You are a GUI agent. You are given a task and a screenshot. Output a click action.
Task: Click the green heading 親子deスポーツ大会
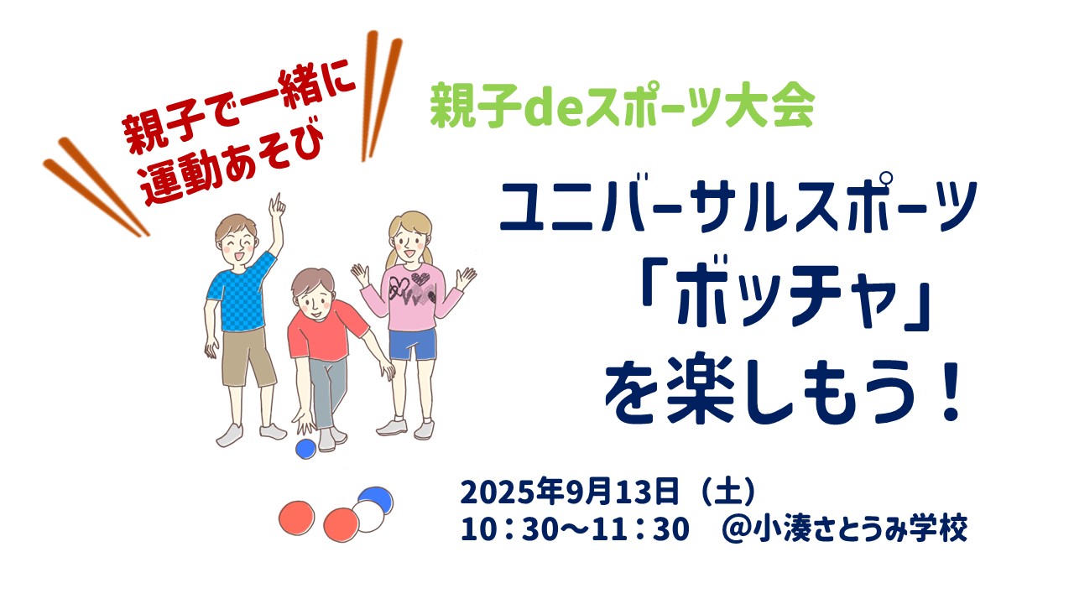click(623, 106)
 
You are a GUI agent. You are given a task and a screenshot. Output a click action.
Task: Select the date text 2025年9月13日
click(570, 492)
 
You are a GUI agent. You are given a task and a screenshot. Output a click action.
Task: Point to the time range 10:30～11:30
click(575, 528)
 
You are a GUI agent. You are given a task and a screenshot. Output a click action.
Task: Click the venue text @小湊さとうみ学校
click(844, 528)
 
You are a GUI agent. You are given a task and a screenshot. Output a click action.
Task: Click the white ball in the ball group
click(368, 516)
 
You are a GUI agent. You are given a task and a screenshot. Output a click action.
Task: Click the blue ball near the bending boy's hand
click(305, 449)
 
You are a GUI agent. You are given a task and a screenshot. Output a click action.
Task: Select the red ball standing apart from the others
click(297, 518)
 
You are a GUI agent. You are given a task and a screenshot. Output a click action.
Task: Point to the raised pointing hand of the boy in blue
click(277, 207)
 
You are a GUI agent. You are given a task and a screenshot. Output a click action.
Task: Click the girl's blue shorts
click(412, 344)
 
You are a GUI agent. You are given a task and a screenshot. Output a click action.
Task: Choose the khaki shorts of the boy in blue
click(248, 357)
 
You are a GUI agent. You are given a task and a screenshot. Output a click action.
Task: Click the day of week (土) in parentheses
click(728, 492)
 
